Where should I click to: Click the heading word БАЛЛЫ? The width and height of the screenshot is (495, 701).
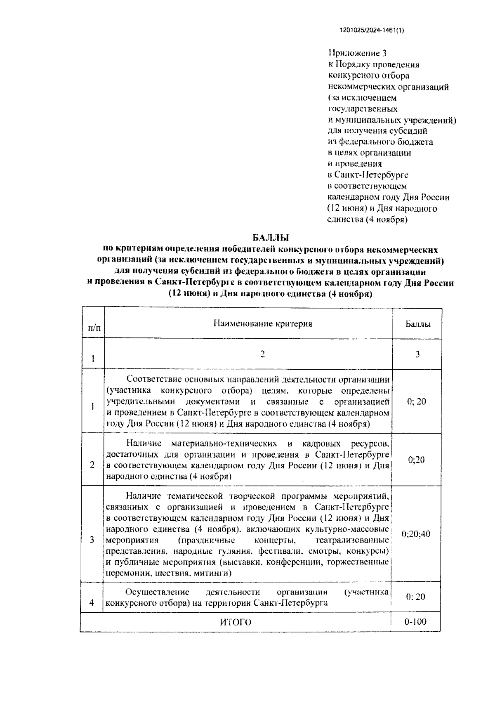coord(271,238)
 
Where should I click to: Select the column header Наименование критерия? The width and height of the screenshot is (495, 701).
coord(263,323)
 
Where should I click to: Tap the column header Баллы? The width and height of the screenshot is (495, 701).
coord(417,324)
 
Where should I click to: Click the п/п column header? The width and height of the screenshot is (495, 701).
coord(94,328)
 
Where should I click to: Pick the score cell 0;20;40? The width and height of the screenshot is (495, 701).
coord(416,534)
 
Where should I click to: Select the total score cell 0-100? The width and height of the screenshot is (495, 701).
coord(415,621)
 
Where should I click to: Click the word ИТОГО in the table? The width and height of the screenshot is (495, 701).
coord(236,622)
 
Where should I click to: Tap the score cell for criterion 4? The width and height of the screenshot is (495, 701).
coord(415,597)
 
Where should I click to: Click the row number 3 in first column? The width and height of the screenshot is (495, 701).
coord(92,540)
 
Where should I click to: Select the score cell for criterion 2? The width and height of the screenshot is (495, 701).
coord(416,460)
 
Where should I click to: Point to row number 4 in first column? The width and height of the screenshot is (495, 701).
coord(92,603)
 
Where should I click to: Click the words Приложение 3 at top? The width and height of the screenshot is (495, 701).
coord(357,53)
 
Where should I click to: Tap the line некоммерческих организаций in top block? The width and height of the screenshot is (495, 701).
coord(388,87)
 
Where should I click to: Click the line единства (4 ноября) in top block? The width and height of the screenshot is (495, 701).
coord(367,220)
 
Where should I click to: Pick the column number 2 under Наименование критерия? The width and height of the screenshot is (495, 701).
coord(263,354)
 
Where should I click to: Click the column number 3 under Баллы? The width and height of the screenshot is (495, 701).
coord(417,354)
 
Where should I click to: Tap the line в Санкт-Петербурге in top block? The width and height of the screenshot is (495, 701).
coord(368,175)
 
